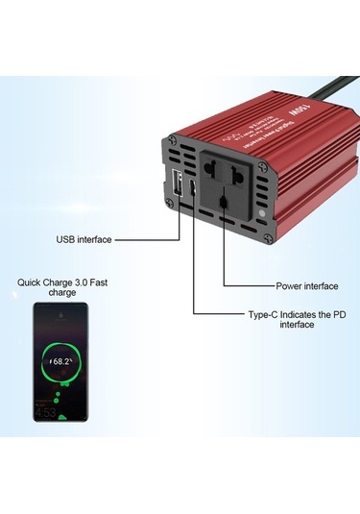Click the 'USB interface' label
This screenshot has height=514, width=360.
[x=84, y=239]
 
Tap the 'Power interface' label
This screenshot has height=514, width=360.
[x=307, y=285]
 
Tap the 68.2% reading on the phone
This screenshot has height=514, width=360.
[x=61, y=362]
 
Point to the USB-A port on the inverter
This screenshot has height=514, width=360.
[x=177, y=185]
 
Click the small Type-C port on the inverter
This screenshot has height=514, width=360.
[x=195, y=187]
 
